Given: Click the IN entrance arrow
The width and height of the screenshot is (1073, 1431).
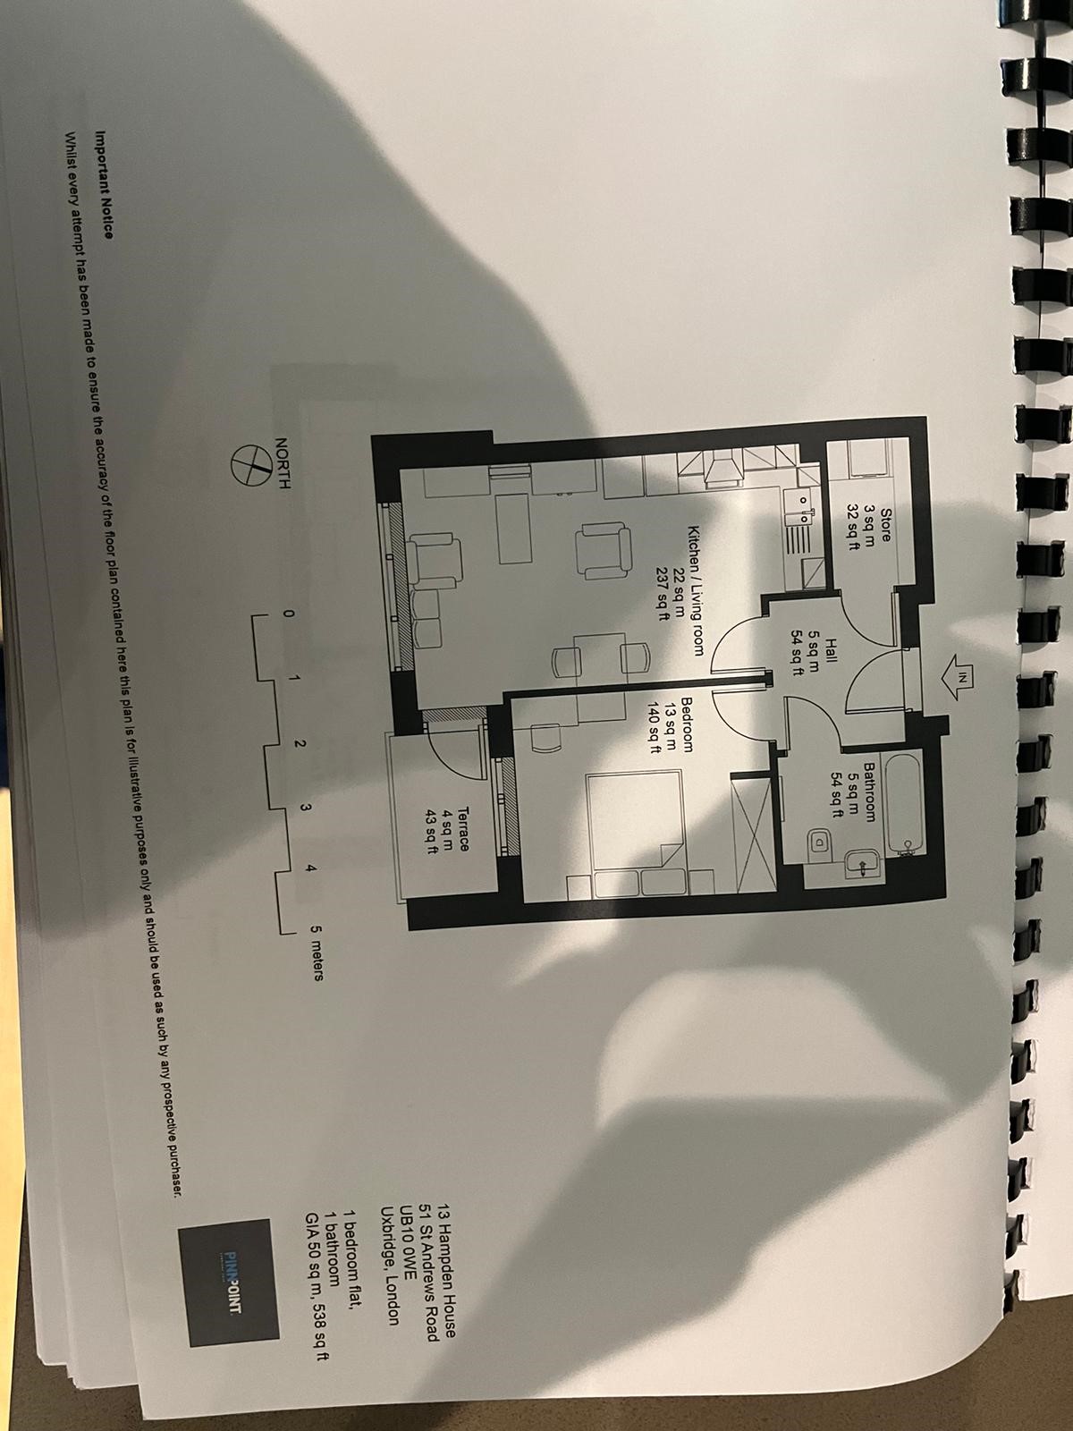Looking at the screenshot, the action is pos(960,677).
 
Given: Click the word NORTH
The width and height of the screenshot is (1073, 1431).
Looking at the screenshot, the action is pos(282,465).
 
